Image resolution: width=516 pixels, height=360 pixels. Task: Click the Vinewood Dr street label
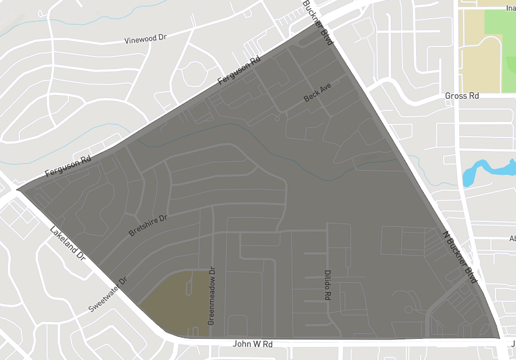(x=145, y=39)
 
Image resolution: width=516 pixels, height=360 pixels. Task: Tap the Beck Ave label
(x=317, y=95)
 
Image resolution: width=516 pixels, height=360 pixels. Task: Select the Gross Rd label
(x=462, y=95)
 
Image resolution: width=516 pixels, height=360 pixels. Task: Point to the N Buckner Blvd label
(x=459, y=256)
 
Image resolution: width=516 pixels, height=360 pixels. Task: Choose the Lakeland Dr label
(x=68, y=242)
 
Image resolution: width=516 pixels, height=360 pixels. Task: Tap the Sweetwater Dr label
(x=109, y=295)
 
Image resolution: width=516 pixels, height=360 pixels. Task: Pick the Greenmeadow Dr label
(x=211, y=296)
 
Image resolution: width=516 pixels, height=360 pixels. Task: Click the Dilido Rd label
(x=327, y=285)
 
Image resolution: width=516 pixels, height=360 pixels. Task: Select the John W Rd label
(x=253, y=345)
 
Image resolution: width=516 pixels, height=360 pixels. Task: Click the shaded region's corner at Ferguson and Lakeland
(x=17, y=190)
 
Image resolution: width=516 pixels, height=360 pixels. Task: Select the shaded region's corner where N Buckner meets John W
(x=500, y=337)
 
